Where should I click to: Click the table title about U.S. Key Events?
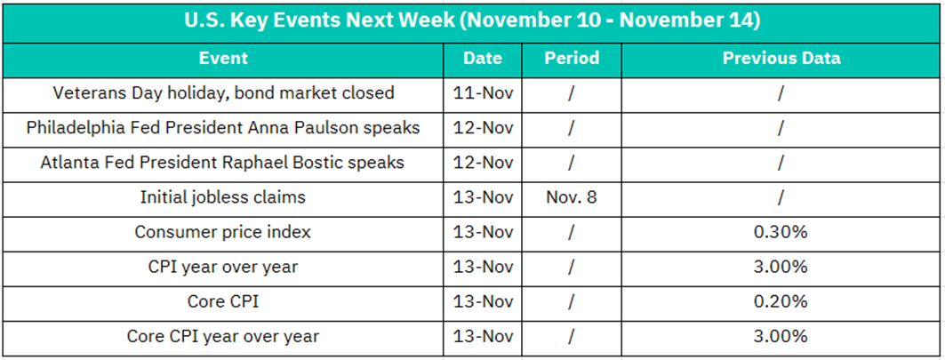pyautogui.click(x=472, y=21)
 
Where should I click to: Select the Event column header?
pyautogui.click(x=223, y=59)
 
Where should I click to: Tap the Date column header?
pyautogui.click(x=483, y=59)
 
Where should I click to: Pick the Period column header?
pyautogui.click(x=572, y=59)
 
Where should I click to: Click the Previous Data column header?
pyautogui.click(x=781, y=59)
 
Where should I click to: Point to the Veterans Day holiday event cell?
pyautogui.click(x=223, y=92)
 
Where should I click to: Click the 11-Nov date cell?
pyautogui.click(x=483, y=93)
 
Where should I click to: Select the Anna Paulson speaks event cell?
pyautogui.click(x=223, y=128)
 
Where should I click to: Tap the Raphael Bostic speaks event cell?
pyautogui.click(x=223, y=163)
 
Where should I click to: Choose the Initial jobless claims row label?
pyautogui.click(x=223, y=197)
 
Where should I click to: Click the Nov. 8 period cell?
pyautogui.click(x=572, y=197)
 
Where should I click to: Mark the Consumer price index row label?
pyautogui.click(x=223, y=232)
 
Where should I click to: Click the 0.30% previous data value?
pyautogui.click(x=781, y=232)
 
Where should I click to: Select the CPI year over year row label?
pyautogui.click(x=223, y=267)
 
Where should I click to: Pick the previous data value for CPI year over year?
pyautogui.click(x=781, y=267)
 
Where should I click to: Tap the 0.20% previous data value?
pyautogui.click(x=781, y=301)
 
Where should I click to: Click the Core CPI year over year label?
pyautogui.click(x=223, y=336)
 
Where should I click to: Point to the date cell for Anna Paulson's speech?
pyautogui.click(x=483, y=128)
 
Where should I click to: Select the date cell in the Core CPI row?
pyautogui.click(x=483, y=301)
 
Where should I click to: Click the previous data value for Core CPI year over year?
pyautogui.click(x=781, y=336)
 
